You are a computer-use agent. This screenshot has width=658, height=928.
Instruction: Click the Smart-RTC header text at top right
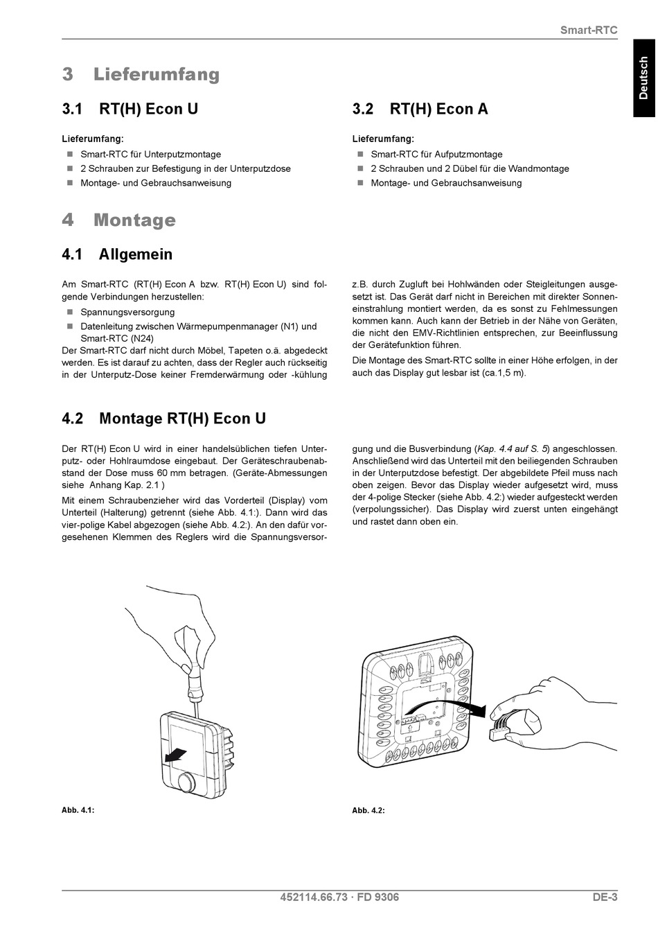pos(588,30)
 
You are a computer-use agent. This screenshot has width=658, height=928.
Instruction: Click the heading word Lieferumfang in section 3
pos(156,74)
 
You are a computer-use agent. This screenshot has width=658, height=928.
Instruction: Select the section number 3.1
pos(72,109)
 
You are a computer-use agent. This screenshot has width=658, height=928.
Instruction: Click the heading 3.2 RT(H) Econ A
pos(420,109)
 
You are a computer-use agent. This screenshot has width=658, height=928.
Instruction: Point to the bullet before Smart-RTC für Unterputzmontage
pos(69,154)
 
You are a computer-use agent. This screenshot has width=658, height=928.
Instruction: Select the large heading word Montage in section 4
pos(134,220)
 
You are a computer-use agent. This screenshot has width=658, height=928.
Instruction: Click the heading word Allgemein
pos(136,254)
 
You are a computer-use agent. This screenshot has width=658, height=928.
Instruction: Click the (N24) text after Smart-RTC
pos(142,338)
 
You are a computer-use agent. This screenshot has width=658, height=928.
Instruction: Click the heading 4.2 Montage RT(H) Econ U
pos(163,419)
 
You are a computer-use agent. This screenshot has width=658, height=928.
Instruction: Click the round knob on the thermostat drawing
pos(186,782)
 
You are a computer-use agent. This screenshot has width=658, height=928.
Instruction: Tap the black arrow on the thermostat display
pos(177,753)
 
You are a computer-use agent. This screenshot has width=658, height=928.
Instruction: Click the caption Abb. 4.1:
pos(78,810)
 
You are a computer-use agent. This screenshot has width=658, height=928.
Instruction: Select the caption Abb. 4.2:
pos(368,810)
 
